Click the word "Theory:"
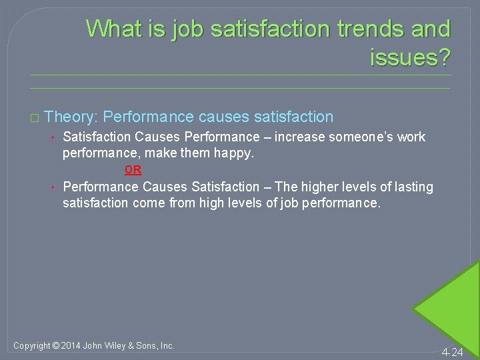tap(72, 117)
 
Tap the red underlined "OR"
tap(133, 170)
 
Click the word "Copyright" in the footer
tap(33, 345)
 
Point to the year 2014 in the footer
tap(71, 345)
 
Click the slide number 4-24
tap(451, 351)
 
